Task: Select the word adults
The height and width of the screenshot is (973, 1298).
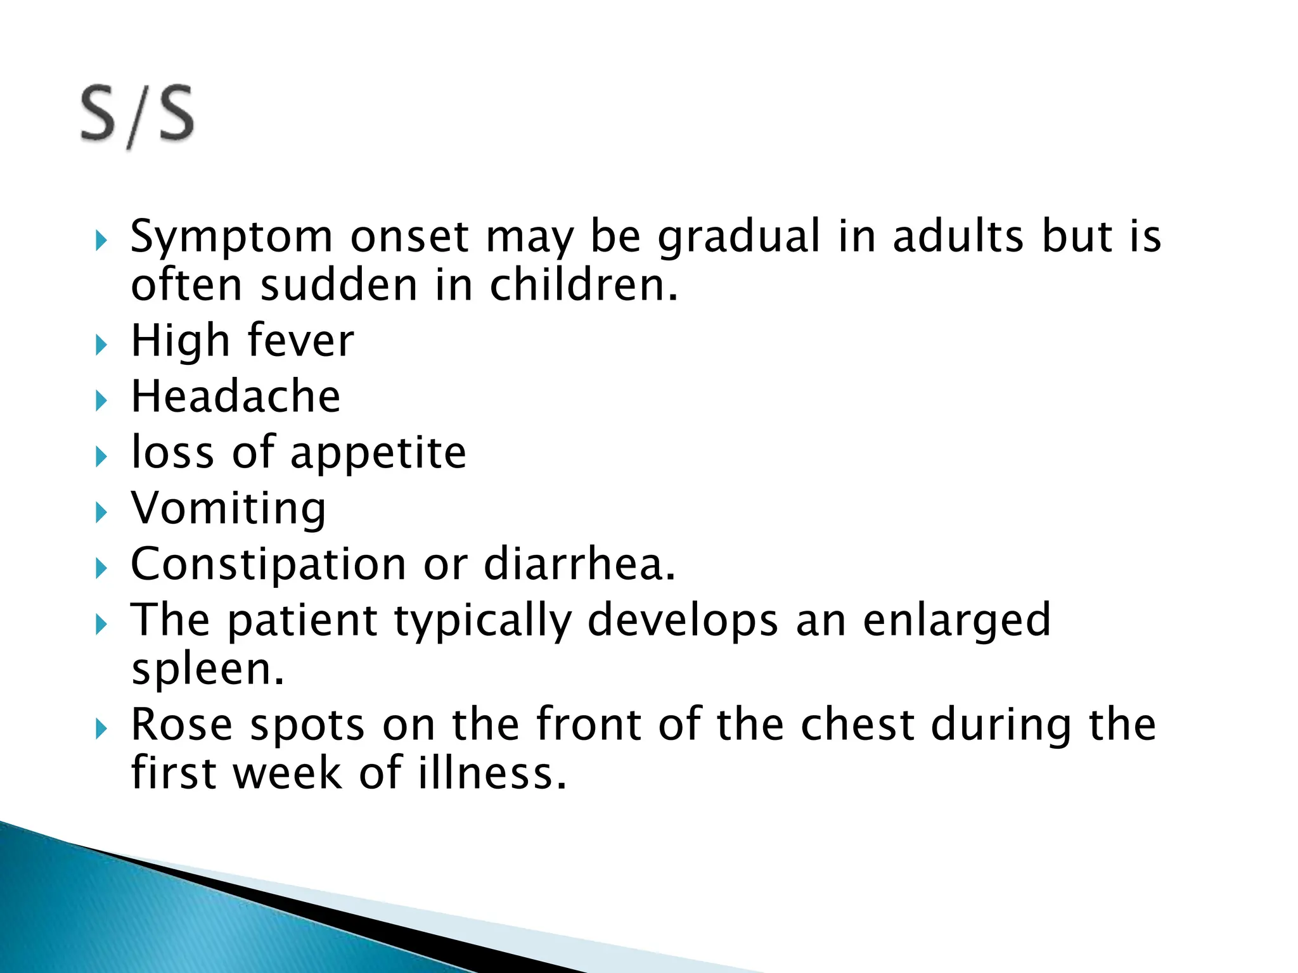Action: point(958,236)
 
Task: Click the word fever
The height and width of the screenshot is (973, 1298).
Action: point(300,341)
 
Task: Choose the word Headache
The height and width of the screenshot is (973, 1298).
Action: point(236,397)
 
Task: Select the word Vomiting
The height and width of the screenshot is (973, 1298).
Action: point(228,509)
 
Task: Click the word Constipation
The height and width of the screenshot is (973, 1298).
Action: point(268,564)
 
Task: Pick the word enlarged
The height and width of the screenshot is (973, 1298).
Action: point(957,621)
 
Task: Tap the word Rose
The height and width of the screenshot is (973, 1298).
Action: point(181,725)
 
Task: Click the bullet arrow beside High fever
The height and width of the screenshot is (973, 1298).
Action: point(101,345)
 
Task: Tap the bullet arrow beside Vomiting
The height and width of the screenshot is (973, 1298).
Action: point(101,512)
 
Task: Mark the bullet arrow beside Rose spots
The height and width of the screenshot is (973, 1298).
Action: point(101,730)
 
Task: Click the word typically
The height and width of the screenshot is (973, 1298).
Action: point(483,621)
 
